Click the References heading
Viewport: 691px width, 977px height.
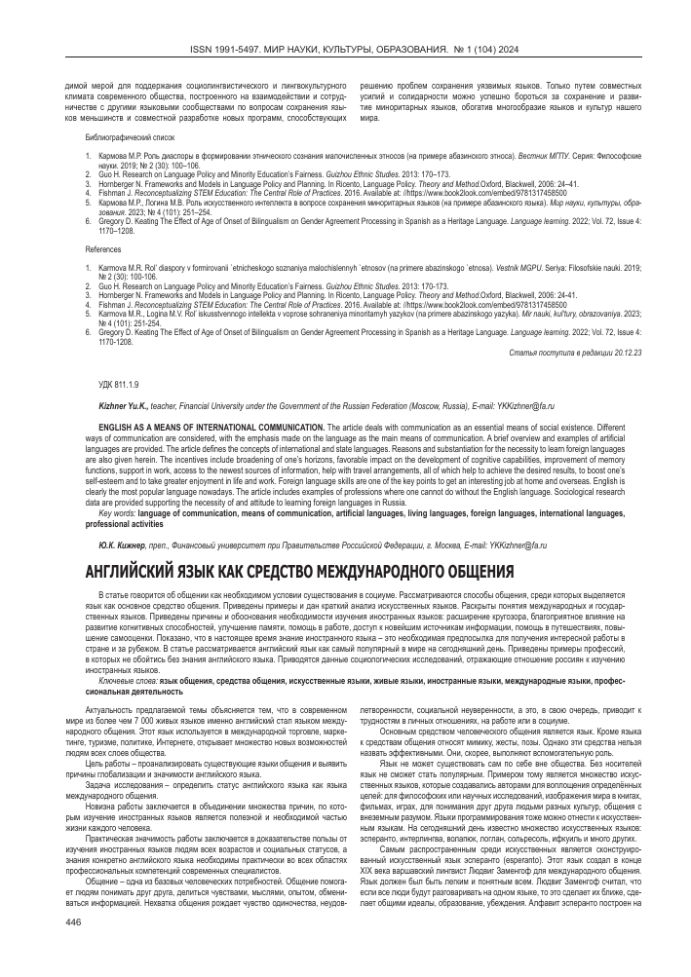[104, 249]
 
